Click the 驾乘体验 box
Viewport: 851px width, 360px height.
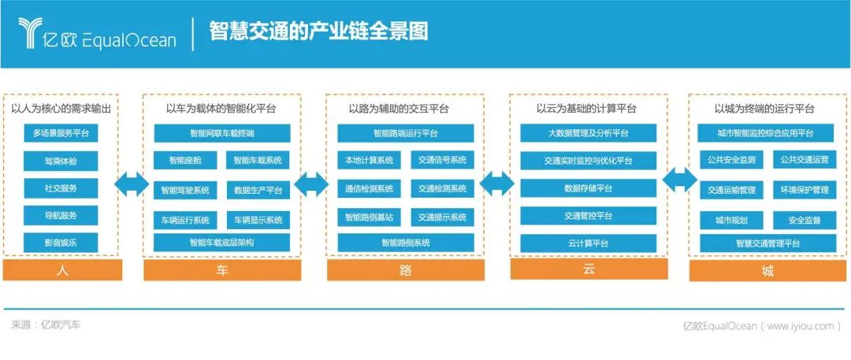pyautogui.click(x=61, y=161)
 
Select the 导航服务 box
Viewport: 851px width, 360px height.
pyautogui.click(x=61, y=214)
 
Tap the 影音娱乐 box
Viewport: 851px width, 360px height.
pyautogui.click(x=61, y=242)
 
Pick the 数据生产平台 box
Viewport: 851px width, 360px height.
pyautogui.click(x=258, y=190)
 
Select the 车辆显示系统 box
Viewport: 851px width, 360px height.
pyautogui.click(x=258, y=220)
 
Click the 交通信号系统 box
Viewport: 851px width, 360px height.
pyautogui.click(x=442, y=161)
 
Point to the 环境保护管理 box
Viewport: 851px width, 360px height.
pyautogui.click(x=805, y=190)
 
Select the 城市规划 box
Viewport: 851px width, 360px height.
pyautogui.click(x=731, y=220)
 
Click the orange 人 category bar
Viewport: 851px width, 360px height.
pyautogui.click(x=63, y=271)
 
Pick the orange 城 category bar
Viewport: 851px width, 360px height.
pyautogui.click(x=767, y=271)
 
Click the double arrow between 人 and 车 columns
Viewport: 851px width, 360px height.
pyautogui.click(x=130, y=186)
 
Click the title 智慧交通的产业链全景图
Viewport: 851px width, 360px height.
pyautogui.click(x=318, y=32)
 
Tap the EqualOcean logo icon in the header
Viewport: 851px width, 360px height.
pyautogui.click(x=30, y=33)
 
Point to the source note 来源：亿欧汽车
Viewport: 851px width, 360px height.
pyautogui.click(x=46, y=325)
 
